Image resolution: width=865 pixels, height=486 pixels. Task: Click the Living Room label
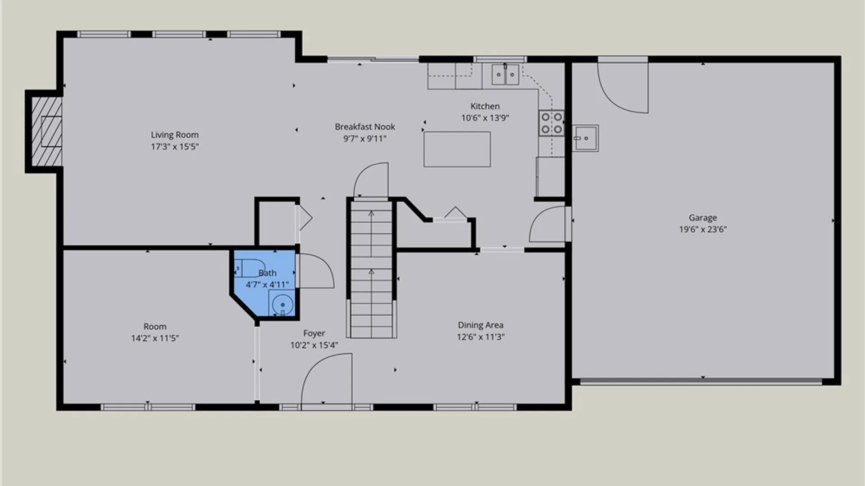(x=175, y=135)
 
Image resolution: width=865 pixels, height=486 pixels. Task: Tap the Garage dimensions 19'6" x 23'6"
(x=703, y=229)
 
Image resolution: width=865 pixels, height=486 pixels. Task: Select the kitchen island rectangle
(x=457, y=149)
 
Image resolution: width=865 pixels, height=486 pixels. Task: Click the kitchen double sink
(x=505, y=75)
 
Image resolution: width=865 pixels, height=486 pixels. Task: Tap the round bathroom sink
(x=282, y=304)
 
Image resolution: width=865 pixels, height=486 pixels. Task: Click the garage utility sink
(x=586, y=138)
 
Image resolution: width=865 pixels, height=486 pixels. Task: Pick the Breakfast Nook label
(x=365, y=127)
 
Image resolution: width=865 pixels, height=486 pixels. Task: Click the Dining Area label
(x=481, y=325)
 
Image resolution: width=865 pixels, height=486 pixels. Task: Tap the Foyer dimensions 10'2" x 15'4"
(x=314, y=345)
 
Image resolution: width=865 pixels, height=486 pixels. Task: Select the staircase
(x=371, y=269)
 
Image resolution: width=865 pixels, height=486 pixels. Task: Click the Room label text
(x=155, y=327)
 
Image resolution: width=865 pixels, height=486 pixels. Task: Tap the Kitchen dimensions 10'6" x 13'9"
(x=485, y=118)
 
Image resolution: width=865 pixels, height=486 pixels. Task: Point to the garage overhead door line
(x=701, y=382)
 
